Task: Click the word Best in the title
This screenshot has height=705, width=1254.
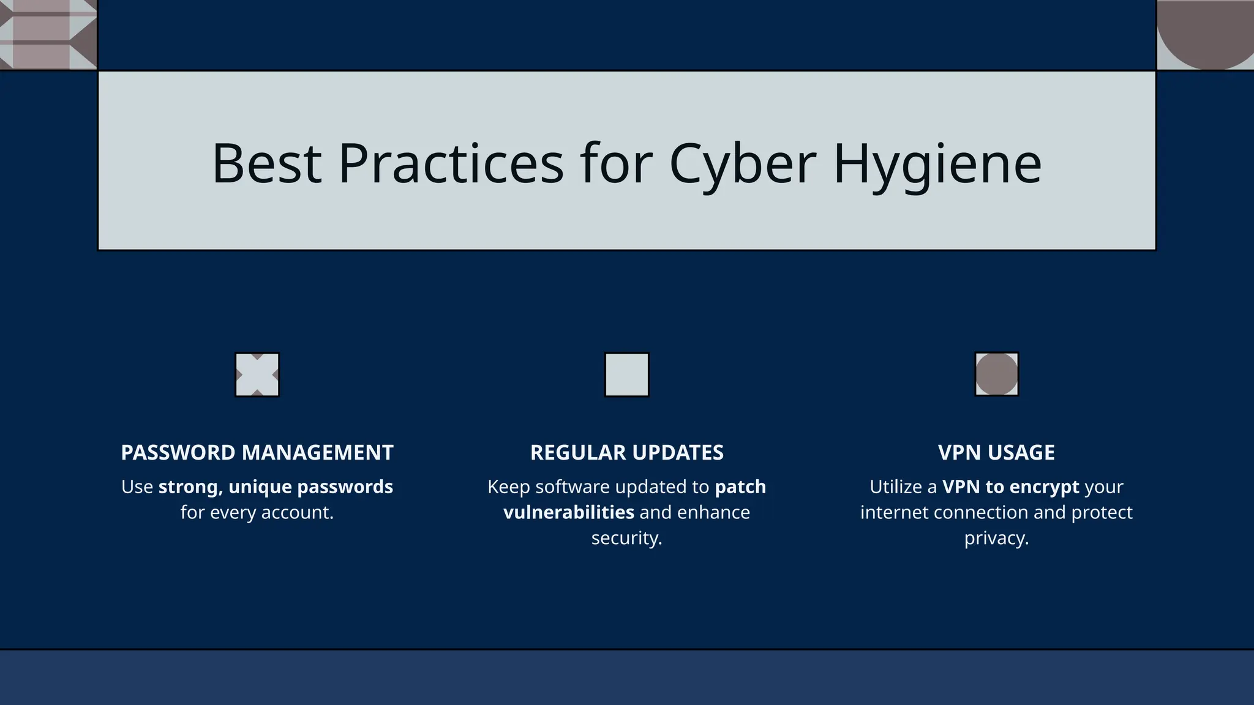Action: click(266, 163)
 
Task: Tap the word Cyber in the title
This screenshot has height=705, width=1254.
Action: click(743, 163)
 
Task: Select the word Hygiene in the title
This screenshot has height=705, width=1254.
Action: click(937, 163)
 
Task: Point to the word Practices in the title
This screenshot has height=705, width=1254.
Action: click(451, 163)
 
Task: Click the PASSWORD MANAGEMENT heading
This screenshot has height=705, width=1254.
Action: click(257, 453)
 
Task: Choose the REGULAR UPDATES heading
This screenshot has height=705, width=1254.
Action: click(626, 453)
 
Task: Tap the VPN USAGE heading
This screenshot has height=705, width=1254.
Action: click(996, 453)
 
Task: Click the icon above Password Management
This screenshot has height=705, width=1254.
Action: click(257, 375)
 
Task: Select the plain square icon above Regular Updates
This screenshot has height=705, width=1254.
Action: click(626, 375)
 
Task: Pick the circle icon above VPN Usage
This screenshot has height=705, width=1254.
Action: click(996, 374)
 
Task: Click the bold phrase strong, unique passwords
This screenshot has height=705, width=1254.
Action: click(276, 487)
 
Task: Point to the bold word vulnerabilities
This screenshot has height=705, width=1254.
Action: click(568, 513)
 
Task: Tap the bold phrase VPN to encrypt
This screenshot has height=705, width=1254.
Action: click(1010, 487)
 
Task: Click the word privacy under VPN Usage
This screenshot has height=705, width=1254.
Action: click(996, 539)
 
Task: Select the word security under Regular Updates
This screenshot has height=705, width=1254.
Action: click(626, 539)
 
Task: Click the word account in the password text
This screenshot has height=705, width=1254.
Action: click(296, 513)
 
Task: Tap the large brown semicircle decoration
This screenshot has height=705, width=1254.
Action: click(1204, 31)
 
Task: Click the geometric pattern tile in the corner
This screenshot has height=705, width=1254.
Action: click(48, 34)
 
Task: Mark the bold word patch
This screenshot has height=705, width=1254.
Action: click(740, 487)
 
